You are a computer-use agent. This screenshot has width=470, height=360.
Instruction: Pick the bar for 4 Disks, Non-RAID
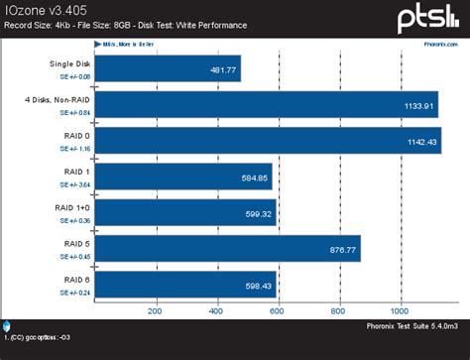tap(267, 106)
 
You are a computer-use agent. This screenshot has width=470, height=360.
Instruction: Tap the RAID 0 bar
tap(268, 141)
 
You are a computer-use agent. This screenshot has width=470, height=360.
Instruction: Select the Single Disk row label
tap(65, 64)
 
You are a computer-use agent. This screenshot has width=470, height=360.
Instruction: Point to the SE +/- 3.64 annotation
tap(70, 184)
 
